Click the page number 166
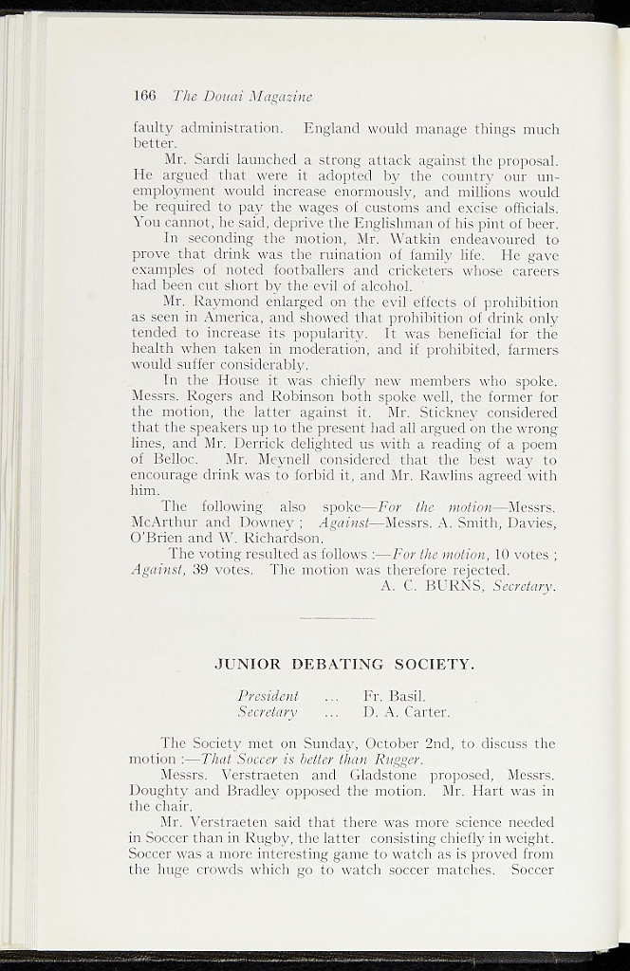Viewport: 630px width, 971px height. (x=144, y=96)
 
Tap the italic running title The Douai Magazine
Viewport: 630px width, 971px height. (x=242, y=96)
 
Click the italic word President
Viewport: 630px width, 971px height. (x=269, y=695)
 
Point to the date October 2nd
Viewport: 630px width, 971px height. (x=413, y=742)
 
